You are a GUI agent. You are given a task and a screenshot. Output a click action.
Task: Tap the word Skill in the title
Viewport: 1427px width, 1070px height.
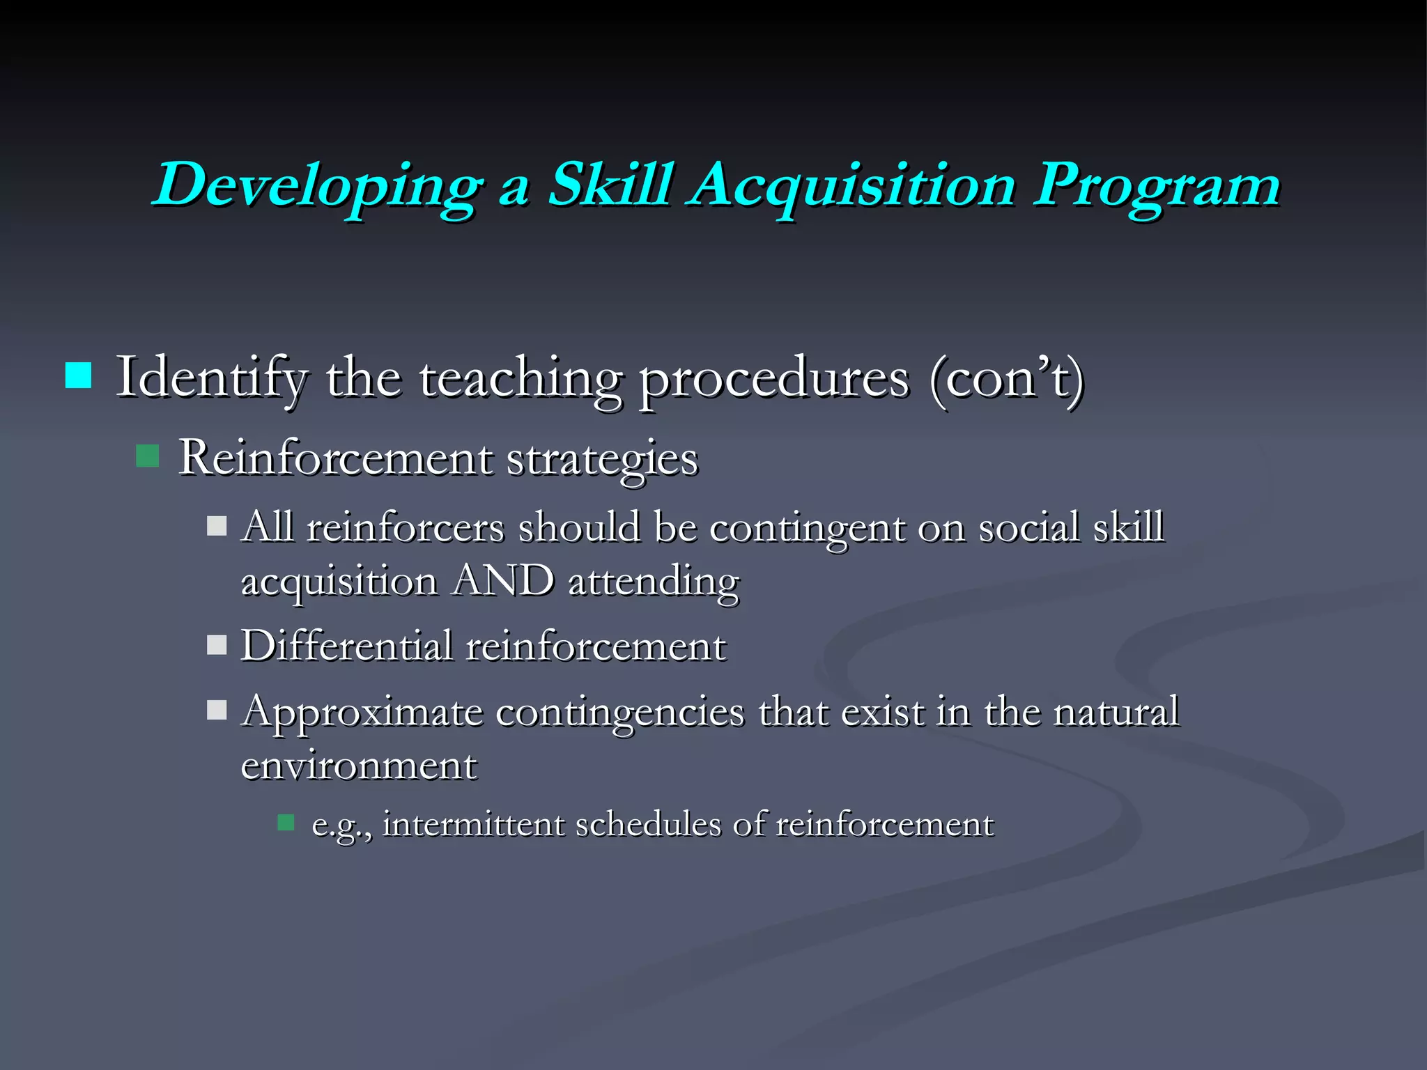point(611,184)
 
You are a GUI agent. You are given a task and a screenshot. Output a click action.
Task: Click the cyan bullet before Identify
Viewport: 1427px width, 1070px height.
point(78,375)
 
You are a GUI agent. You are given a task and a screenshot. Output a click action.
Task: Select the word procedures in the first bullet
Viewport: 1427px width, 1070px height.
point(773,380)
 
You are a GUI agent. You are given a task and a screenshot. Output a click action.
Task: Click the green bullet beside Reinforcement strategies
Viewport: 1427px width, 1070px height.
point(148,456)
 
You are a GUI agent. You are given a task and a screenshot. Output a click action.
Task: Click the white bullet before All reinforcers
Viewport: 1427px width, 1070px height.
point(217,525)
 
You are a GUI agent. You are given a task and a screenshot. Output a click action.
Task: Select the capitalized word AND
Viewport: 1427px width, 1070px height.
point(502,580)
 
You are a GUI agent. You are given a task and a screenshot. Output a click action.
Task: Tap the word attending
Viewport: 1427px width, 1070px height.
point(654,582)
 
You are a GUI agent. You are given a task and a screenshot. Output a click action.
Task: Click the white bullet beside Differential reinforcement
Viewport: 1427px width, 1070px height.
point(217,644)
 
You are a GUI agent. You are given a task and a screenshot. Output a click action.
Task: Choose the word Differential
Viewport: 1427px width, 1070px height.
point(346,645)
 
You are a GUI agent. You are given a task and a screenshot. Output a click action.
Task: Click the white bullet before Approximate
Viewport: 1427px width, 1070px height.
point(217,710)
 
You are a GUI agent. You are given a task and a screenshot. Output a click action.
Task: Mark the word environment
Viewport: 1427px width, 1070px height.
point(359,766)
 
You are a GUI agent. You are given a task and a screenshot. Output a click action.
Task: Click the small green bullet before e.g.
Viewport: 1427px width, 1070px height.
point(286,823)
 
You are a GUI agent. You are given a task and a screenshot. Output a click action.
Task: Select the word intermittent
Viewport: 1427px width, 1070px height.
point(473,824)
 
